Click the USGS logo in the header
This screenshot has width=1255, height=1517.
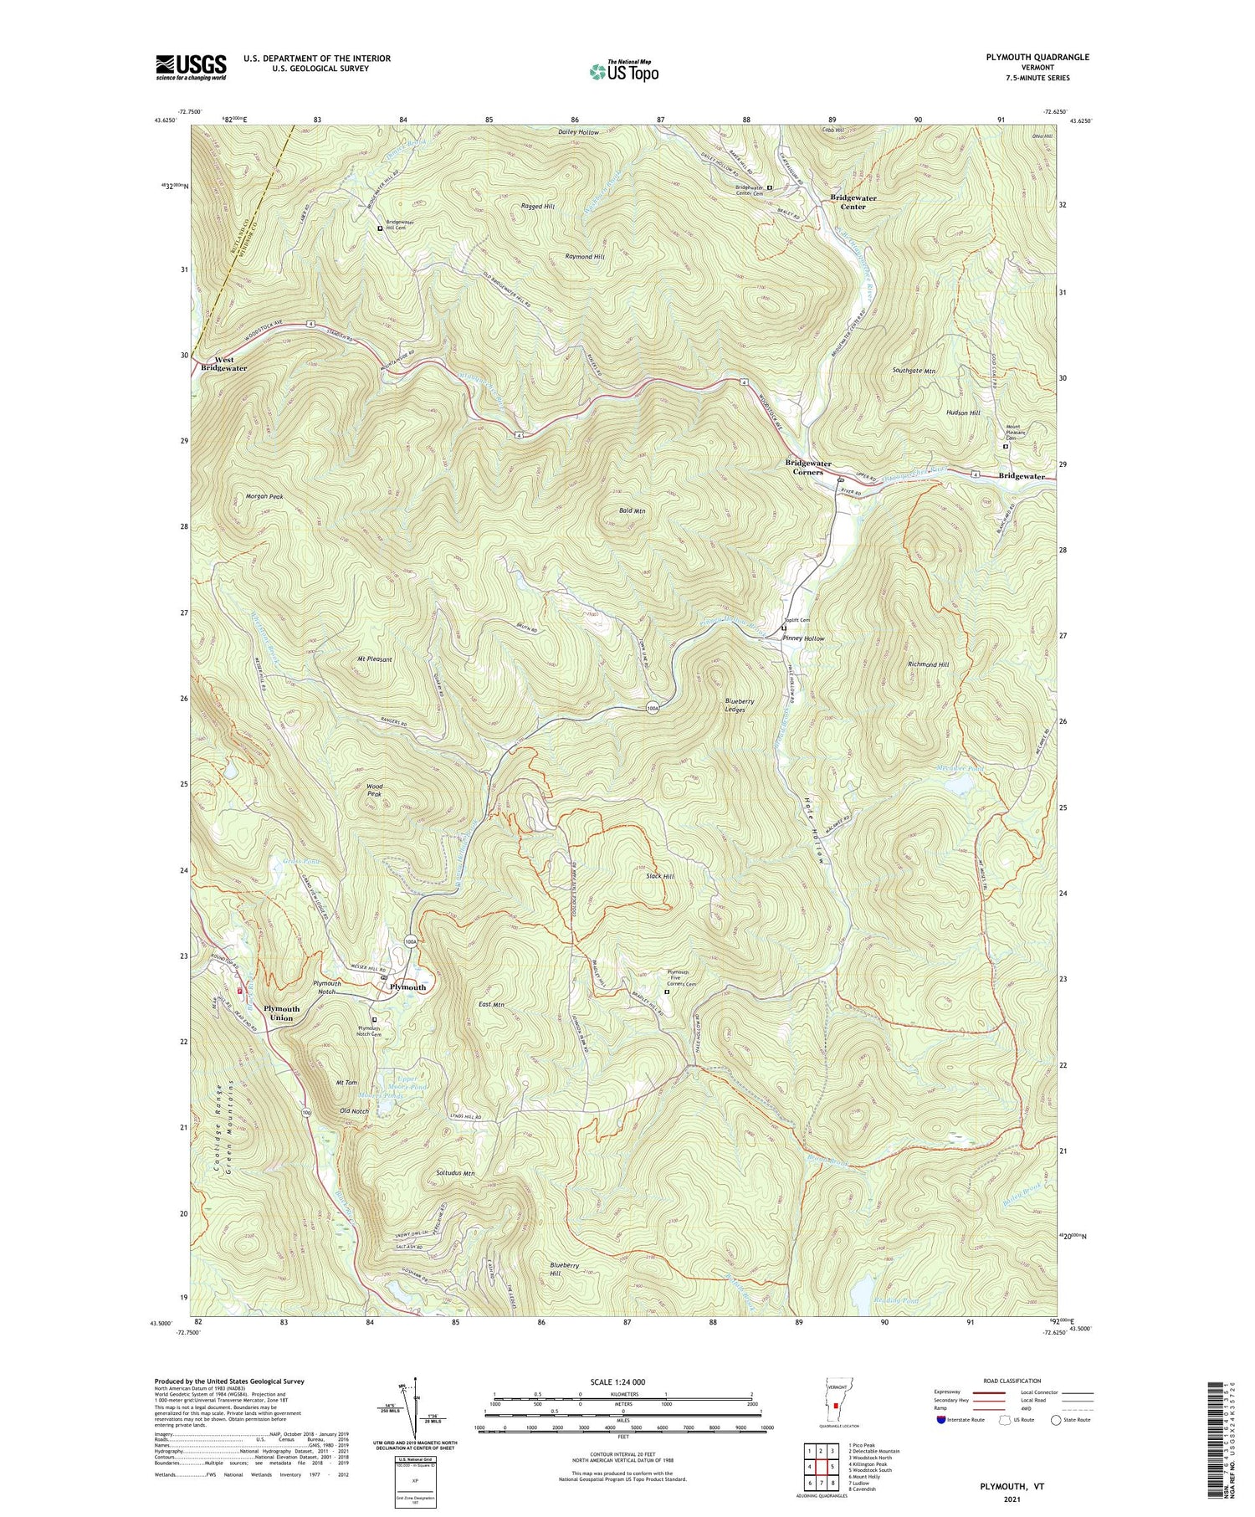coord(191,67)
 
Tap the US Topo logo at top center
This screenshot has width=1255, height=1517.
coord(623,71)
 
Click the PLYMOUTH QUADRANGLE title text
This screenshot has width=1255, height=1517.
coord(1037,57)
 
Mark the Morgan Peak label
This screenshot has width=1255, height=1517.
coord(264,496)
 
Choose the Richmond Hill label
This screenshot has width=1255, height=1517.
coord(928,664)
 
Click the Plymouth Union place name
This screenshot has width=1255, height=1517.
coord(281,1013)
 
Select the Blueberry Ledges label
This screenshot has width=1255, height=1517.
coord(740,705)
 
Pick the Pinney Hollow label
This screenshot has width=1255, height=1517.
coord(803,638)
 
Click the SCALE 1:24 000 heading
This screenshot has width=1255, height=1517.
coord(623,1381)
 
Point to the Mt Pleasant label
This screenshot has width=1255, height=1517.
coord(370,659)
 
